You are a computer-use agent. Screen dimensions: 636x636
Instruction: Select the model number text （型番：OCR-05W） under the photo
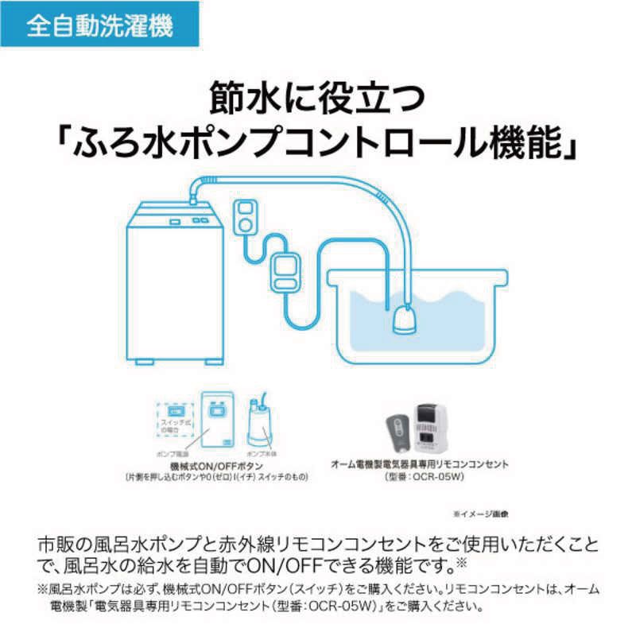(420, 476)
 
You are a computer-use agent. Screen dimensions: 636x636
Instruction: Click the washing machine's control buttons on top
(197, 220)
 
